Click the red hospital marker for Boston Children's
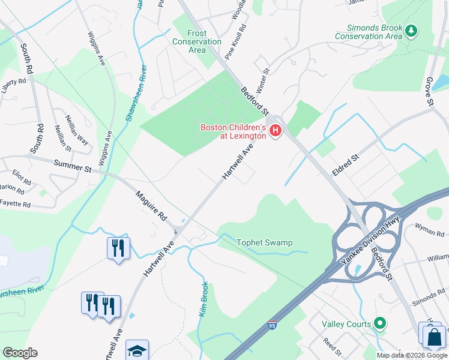[x=276, y=130]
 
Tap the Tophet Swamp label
[x=265, y=242]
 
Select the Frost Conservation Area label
[x=197, y=41]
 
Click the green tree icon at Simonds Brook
[x=411, y=30]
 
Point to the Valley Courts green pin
[x=379, y=324]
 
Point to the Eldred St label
[x=346, y=160]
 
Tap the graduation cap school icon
[x=137, y=350]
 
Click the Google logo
[x=20, y=353]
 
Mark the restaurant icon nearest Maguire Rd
[x=118, y=247]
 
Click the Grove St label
[x=430, y=92]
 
